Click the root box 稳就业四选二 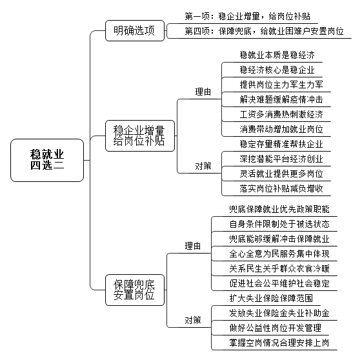[x=47, y=160]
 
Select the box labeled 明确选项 [x=135, y=31]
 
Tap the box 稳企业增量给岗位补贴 [x=140, y=135]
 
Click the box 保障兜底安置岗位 [x=135, y=290]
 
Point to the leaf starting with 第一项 [x=248, y=17]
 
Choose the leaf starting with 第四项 [x=264, y=31]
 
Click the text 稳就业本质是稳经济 [x=277, y=55]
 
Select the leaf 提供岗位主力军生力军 [x=281, y=85]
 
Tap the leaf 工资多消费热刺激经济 [x=281, y=114]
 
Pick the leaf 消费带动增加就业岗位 [x=281, y=129]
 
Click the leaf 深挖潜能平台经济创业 [x=281, y=159]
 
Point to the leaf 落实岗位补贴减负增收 [x=281, y=188]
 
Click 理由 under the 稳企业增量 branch [x=203, y=92]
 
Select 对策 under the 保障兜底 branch [x=193, y=320]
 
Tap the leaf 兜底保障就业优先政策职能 [x=279, y=209]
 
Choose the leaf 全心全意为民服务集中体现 [x=279, y=254]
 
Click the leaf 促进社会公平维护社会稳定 [x=279, y=283]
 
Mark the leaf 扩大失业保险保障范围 [x=271, y=298]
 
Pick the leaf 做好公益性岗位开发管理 [x=275, y=328]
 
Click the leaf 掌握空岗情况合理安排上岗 [x=279, y=343]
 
